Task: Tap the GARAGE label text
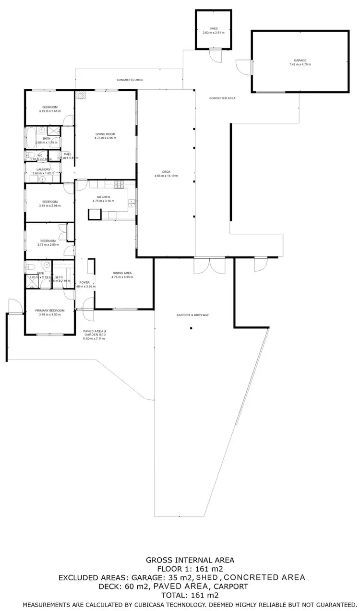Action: click(x=300, y=60)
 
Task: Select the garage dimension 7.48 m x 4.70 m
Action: click(x=300, y=64)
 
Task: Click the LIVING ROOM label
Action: click(x=105, y=134)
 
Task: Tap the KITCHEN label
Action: click(x=104, y=197)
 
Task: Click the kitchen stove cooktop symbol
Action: click(x=118, y=182)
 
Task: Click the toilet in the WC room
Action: click(x=29, y=155)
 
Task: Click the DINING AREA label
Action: click(x=122, y=273)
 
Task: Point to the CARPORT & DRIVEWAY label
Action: click(x=192, y=315)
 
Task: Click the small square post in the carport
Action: click(x=191, y=328)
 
